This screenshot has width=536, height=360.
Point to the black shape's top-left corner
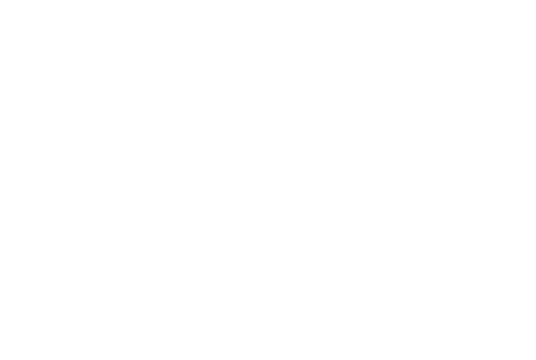[x=0, y=0]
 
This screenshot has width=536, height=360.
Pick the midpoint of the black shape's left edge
[x=0, y=41]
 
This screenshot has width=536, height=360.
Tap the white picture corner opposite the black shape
[x=535, y=359]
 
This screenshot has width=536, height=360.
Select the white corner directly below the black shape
[x=0, y=359]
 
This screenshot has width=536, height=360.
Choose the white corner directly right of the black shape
[x=535, y=0]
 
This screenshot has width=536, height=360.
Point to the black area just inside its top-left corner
[x=5, y=5]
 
